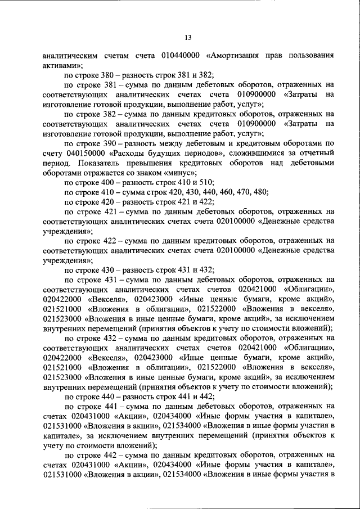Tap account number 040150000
pos(85,152)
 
